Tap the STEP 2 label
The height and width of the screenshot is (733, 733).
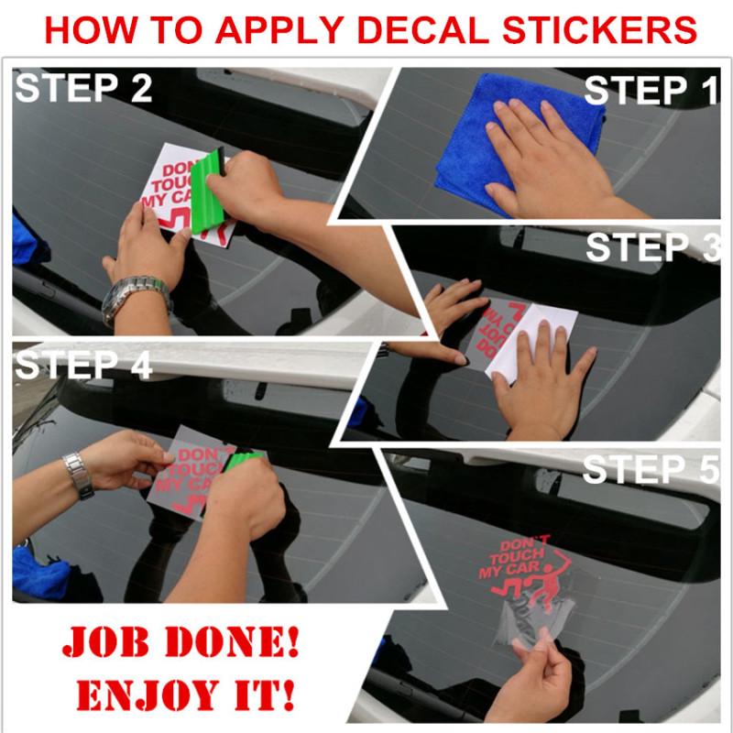tap(83, 89)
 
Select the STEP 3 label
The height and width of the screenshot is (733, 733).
tap(651, 248)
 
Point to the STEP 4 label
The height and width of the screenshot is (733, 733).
tap(83, 366)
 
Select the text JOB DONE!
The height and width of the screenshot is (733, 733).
tap(180, 641)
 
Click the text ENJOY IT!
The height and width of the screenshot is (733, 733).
tap(180, 694)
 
